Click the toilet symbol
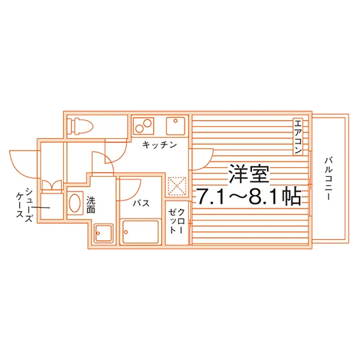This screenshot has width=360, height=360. click(x=82, y=127)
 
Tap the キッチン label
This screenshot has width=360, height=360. click(x=159, y=145)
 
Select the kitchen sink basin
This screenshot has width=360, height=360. click(x=175, y=126)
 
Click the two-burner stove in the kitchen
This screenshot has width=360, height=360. click(x=143, y=126)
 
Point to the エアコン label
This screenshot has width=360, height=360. click(x=298, y=137)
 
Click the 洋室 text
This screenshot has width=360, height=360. click(x=249, y=174)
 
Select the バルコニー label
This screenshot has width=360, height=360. click(x=328, y=179)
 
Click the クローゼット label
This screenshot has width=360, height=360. click(x=177, y=221)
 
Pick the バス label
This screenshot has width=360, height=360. click(x=141, y=203)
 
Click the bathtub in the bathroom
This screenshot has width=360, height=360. click(x=141, y=232)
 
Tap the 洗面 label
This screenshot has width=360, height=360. click(x=91, y=205)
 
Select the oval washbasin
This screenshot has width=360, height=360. click(x=75, y=203)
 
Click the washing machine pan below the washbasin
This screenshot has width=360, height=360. click(x=104, y=233)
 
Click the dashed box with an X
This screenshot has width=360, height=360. click(x=177, y=186)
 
